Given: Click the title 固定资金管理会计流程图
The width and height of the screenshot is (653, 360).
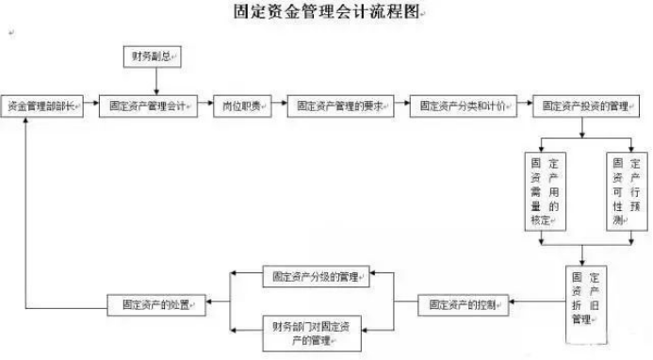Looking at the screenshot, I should point(325,12).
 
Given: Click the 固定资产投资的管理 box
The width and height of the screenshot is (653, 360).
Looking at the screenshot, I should point(587,106).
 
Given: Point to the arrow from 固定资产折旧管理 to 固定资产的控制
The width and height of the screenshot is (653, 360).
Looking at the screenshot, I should point(536,304).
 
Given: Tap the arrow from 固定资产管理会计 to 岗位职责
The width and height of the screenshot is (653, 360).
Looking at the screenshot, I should point(205,106).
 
